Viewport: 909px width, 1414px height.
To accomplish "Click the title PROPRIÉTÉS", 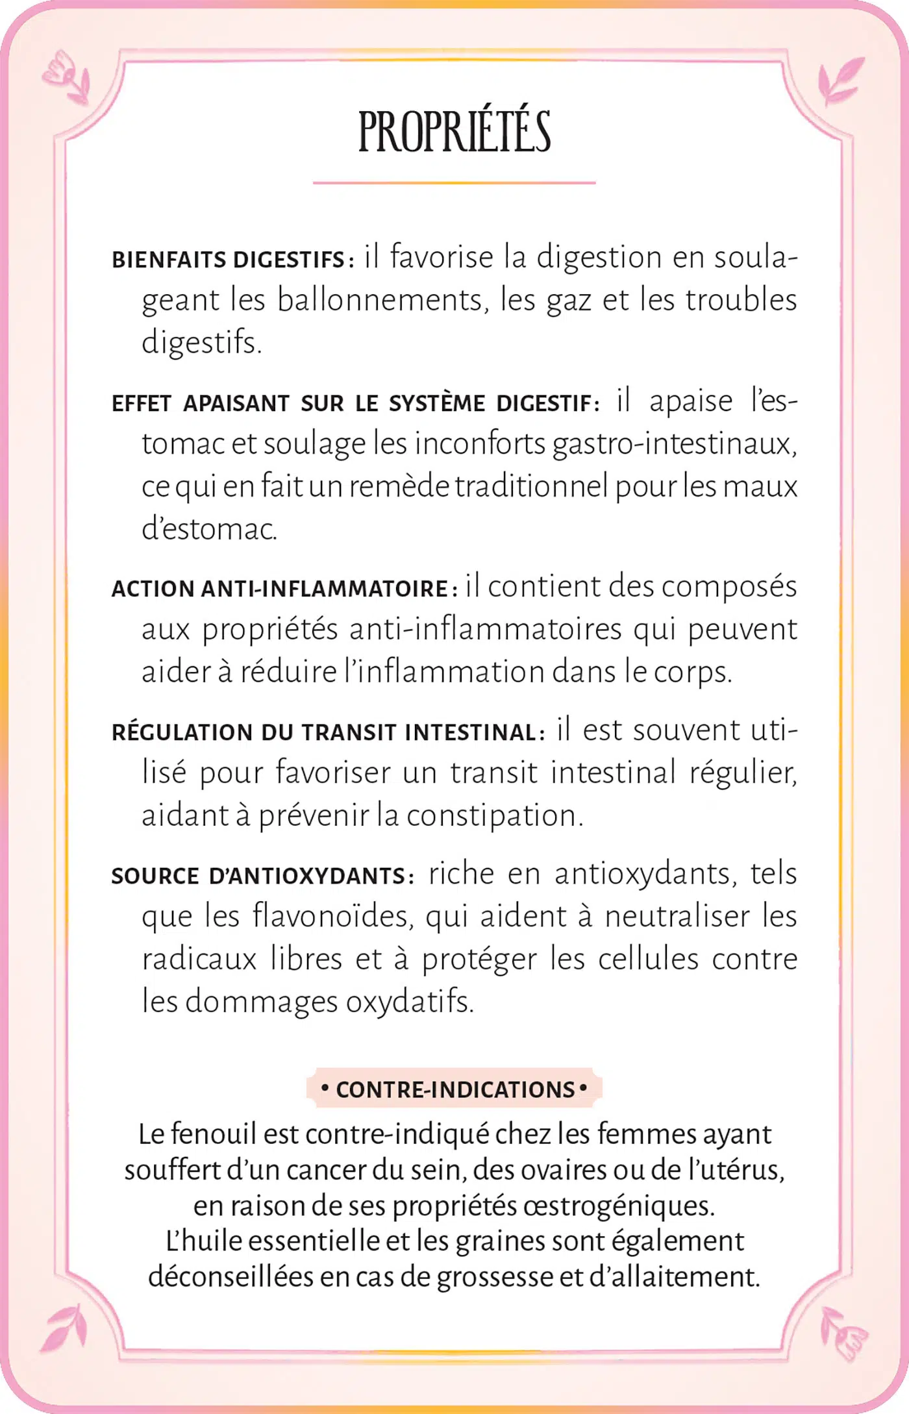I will [454, 132].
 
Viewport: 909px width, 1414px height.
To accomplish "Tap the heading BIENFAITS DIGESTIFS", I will [229, 260].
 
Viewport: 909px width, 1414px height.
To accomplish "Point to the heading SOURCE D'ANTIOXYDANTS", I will [258, 876].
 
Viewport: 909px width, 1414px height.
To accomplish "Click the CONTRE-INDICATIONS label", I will [454, 1089].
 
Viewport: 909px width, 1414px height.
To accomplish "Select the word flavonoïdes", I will [332, 917].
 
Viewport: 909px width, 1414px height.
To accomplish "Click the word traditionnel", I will [531, 487].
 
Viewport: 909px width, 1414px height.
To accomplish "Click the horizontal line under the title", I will [454, 183].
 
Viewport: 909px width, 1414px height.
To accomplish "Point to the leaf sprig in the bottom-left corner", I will [65, 1328].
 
